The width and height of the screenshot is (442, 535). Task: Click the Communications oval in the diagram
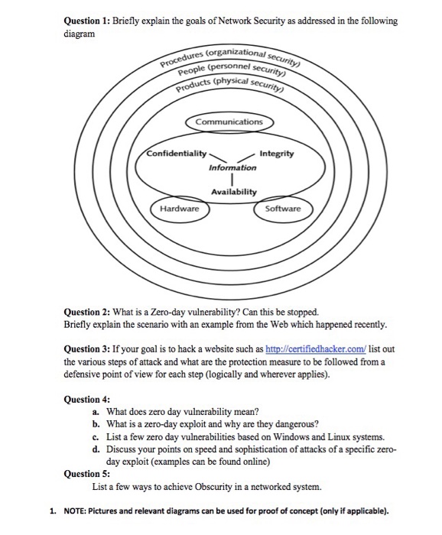tap(228, 122)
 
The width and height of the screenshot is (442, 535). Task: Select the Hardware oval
tap(179, 208)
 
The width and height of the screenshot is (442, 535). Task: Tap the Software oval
tap(282, 208)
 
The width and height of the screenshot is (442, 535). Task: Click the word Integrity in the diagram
tap(276, 154)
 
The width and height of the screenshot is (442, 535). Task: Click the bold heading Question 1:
tap(88, 21)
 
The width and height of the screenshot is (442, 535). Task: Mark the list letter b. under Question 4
tap(96, 422)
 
